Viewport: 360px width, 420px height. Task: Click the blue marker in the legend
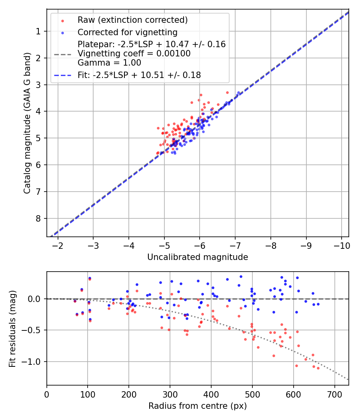coord(62,32)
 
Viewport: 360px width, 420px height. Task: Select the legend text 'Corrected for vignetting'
coord(127,32)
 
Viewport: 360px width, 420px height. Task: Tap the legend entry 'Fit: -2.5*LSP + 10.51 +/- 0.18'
coord(139,75)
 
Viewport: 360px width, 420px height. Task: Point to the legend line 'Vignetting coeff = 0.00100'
coord(134,54)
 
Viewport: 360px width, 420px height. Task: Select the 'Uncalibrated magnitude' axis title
coord(198,257)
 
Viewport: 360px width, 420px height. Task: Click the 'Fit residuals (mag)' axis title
coord(12,328)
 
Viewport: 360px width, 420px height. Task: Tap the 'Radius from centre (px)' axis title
coord(198,406)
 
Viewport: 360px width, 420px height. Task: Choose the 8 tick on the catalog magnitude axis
coord(40,218)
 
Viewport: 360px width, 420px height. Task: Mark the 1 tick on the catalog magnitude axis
coord(40,31)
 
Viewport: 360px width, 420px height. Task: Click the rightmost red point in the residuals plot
coord(318,368)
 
